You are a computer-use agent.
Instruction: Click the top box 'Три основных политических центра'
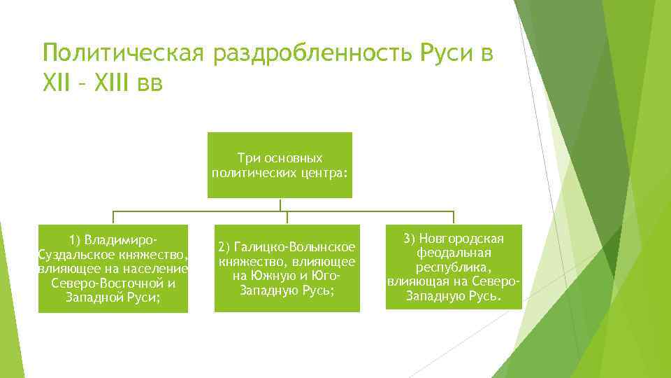point(280,165)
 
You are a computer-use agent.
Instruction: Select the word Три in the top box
point(249,159)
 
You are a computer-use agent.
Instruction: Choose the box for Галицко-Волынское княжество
point(287,268)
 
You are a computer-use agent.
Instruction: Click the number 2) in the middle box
point(225,247)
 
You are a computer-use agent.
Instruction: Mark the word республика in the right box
point(454,267)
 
